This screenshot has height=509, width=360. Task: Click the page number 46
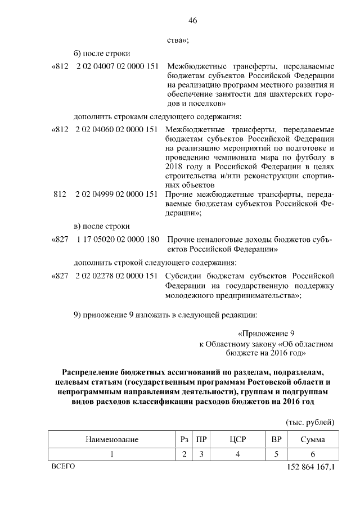tap(192, 21)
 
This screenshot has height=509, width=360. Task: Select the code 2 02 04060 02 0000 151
tap(116, 129)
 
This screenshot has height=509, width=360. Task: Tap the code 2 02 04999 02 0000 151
tap(116, 194)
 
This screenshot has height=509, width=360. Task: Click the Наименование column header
tap(111, 439)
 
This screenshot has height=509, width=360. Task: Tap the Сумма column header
tap(312, 439)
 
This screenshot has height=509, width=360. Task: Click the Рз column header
tap(184, 439)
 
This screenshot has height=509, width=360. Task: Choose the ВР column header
tap(276, 439)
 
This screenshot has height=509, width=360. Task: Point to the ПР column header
tap(200, 439)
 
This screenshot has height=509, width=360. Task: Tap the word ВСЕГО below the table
tap(62, 466)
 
